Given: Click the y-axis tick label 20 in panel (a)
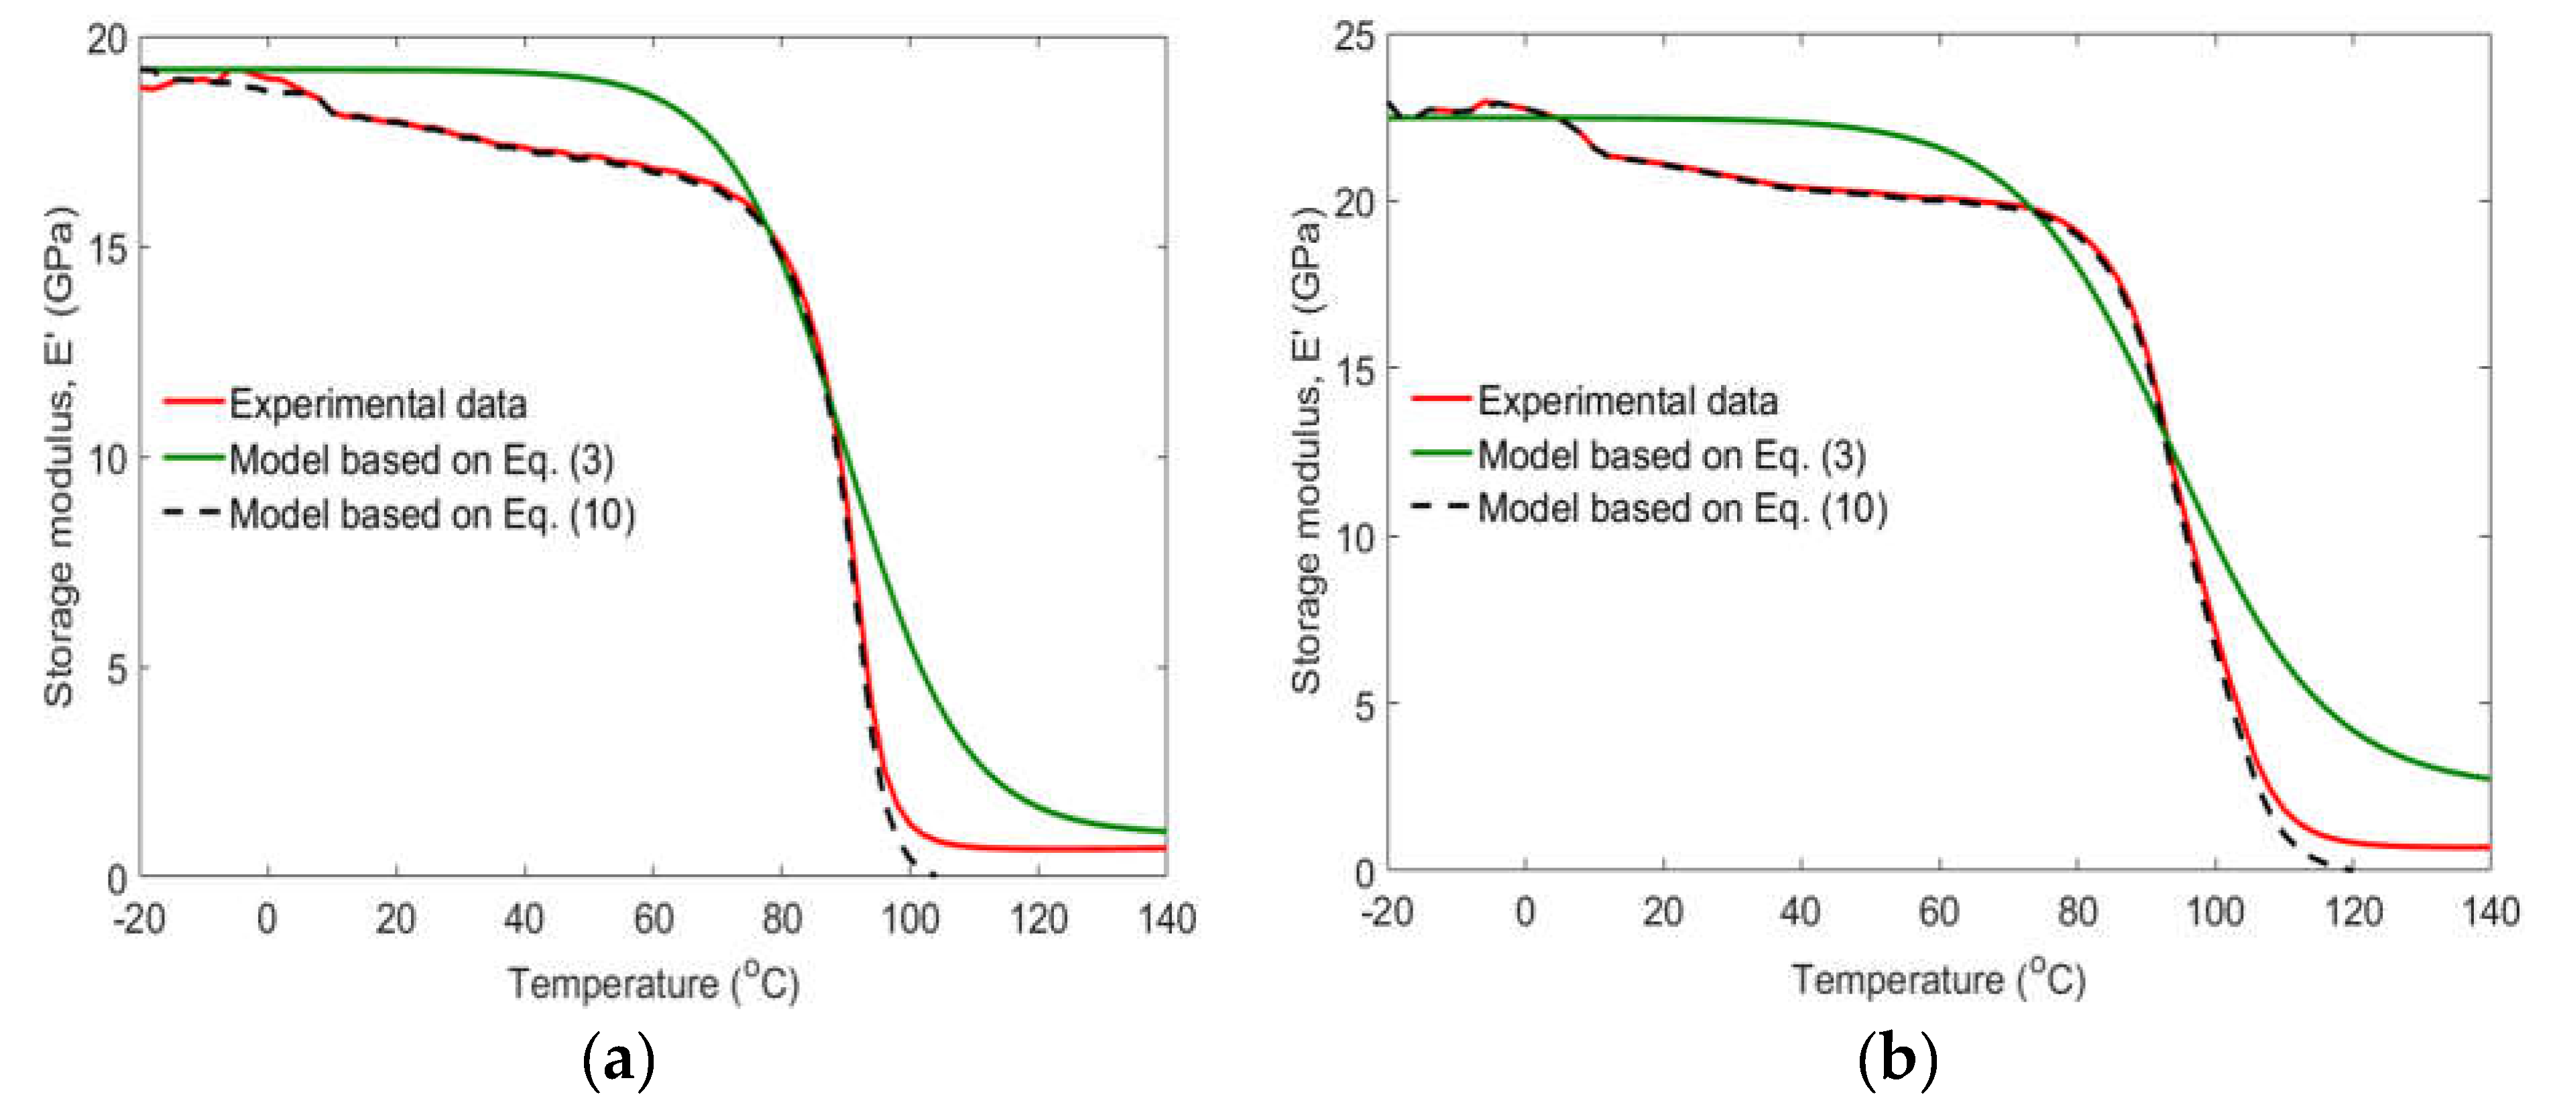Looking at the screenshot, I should pyautogui.click(x=107, y=41).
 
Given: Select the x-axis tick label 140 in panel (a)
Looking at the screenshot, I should pyautogui.click(x=1167, y=919).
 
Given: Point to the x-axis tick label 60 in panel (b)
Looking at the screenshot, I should pyautogui.click(x=1938, y=911).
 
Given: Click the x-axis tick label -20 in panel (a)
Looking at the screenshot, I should pyautogui.click(x=139, y=919).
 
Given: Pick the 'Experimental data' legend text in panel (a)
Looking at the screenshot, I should pyautogui.click(x=377, y=404).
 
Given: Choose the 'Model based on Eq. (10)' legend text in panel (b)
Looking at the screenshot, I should pyautogui.click(x=1681, y=508).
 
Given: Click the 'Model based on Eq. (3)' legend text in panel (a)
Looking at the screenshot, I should pyautogui.click(x=421, y=460).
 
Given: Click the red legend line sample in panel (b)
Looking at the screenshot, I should pyautogui.click(x=1439, y=399).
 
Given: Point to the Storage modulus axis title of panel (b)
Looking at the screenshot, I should pyautogui.click(x=1306, y=452).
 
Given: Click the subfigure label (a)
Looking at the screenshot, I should pyautogui.click(x=618, y=1061).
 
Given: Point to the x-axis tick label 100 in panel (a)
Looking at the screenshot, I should pyautogui.click(x=909, y=919).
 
